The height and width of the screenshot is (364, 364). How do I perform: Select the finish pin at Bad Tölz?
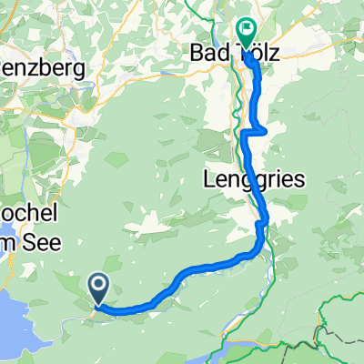coord(247,30)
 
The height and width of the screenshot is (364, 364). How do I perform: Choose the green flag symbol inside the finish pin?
coord(247,28)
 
